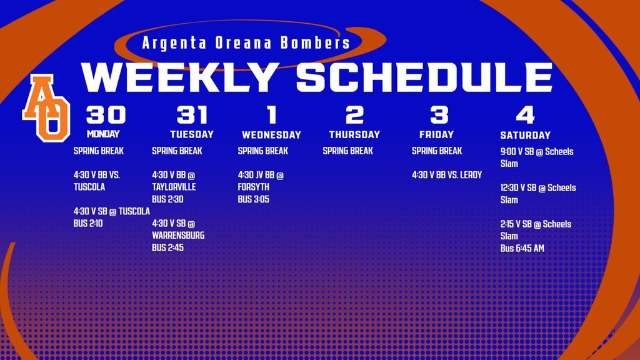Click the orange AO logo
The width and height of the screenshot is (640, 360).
(x=46, y=107)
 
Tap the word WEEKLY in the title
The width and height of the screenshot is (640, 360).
(x=180, y=77)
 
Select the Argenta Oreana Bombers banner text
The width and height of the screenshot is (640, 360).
(x=246, y=43)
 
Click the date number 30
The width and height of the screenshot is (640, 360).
(x=106, y=115)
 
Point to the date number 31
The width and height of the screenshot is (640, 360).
(x=192, y=115)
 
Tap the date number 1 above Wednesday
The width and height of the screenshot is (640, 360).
(x=271, y=115)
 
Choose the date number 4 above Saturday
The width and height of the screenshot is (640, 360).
(x=525, y=115)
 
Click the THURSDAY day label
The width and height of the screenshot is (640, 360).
(x=354, y=134)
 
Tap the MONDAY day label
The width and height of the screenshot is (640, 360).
(x=103, y=134)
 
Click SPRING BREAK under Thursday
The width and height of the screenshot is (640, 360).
(x=347, y=151)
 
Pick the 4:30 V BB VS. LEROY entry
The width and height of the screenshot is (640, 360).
(x=447, y=175)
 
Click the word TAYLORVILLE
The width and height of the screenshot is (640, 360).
(x=174, y=187)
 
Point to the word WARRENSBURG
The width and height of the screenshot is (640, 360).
(x=178, y=236)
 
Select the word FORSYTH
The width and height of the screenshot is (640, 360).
(x=254, y=187)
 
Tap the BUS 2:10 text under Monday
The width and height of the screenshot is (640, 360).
(x=88, y=223)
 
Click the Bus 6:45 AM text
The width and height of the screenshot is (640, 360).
(x=522, y=248)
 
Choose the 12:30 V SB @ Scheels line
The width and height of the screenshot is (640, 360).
(x=538, y=187)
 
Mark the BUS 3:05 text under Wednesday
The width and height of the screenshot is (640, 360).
(x=253, y=199)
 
